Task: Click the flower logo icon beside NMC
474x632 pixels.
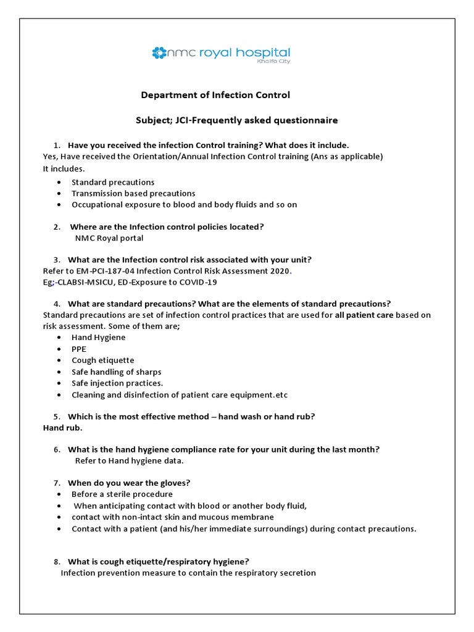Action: click(x=159, y=53)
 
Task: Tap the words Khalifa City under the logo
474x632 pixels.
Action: click(x=273, y=62)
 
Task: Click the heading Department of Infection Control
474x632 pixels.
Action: click(x=215, y=95)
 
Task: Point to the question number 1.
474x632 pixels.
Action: click(x=56, y=145)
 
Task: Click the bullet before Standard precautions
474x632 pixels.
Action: click(x=59, y=183)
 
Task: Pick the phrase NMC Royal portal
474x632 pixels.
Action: click(x=109, y=238)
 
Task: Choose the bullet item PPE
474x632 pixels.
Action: click(x=79, y=349)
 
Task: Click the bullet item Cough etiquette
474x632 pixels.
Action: click(x=102, y=360)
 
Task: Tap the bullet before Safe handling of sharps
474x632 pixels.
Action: click(x=59, y=372)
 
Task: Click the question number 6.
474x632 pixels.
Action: click(x=56, y=449)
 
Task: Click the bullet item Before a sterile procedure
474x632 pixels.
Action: click(x=122, y=494)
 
